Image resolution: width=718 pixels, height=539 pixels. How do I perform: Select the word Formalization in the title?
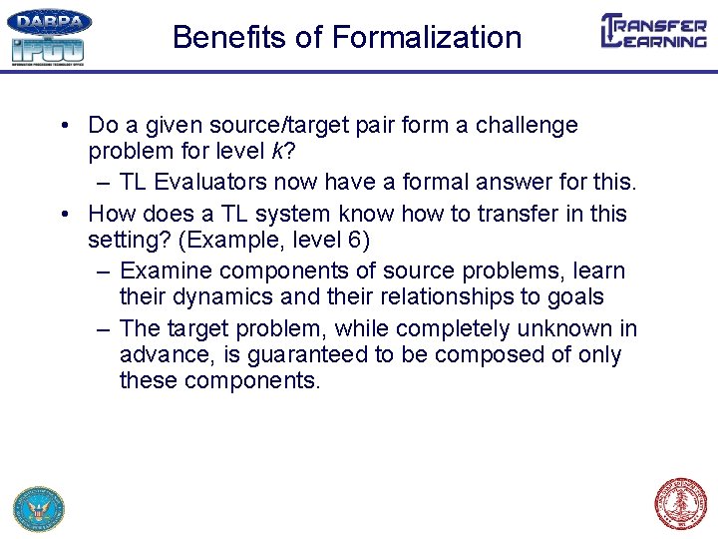427,38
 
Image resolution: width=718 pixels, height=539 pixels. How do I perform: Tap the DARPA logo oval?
49,22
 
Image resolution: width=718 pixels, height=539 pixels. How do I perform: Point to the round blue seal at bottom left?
38,508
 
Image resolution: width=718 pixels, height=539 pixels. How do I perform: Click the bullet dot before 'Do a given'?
63,126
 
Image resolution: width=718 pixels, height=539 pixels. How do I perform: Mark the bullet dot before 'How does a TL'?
63,214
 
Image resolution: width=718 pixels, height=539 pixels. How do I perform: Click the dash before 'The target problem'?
104,328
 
